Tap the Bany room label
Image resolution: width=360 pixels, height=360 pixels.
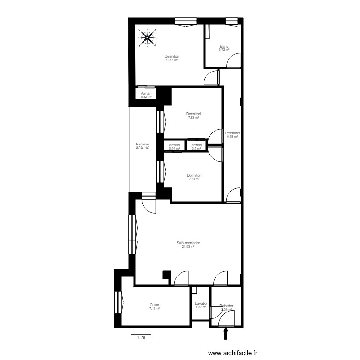(x=224, y=47)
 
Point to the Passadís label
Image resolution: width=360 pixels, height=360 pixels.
(x=232, y=133)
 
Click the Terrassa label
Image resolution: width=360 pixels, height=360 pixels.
(x=142, y=144)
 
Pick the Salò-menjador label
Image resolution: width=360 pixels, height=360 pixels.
(x=188, y=243)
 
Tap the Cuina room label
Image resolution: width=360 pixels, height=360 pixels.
(x=154, y=305)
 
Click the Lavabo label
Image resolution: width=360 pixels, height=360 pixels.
(x=201, y=303)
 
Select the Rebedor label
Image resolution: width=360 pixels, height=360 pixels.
(x=226, y=306)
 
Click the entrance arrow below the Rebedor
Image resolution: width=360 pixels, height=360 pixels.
(x=226, y=334)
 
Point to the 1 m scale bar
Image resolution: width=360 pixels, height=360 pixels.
(x=141, y=336)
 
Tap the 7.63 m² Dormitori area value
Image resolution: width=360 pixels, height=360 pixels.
(x=194, y=118)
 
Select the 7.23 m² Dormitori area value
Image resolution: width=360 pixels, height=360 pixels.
(x=194, y=179)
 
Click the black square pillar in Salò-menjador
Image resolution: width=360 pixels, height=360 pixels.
(x=167, y=275)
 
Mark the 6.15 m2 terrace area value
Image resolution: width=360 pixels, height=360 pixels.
(x=142, y=148)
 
